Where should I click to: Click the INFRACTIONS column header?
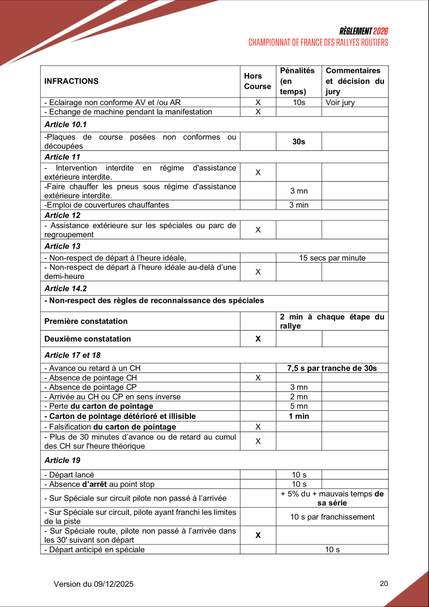point(71,81)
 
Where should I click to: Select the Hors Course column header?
point(257,81)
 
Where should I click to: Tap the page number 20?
point(384,583)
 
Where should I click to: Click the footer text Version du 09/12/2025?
point(94,584)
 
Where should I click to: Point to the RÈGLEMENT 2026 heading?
point(364,31)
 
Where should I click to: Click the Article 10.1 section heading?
point(65,124)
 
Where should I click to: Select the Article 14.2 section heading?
point(65,288)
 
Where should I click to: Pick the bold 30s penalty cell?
point(299,141)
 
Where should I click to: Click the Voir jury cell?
point(340,103)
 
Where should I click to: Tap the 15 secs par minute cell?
point(332,258)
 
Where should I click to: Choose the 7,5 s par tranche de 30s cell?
point(332,368)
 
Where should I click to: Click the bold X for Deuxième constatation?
point(258,339)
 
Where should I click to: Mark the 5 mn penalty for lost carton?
point(299,406)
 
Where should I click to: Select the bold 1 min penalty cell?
point(299,416)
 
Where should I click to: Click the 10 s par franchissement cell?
point(332,517)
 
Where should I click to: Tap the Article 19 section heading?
point(63,460)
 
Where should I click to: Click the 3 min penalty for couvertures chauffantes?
point(299,205)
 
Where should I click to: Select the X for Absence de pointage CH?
point(258,378)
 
